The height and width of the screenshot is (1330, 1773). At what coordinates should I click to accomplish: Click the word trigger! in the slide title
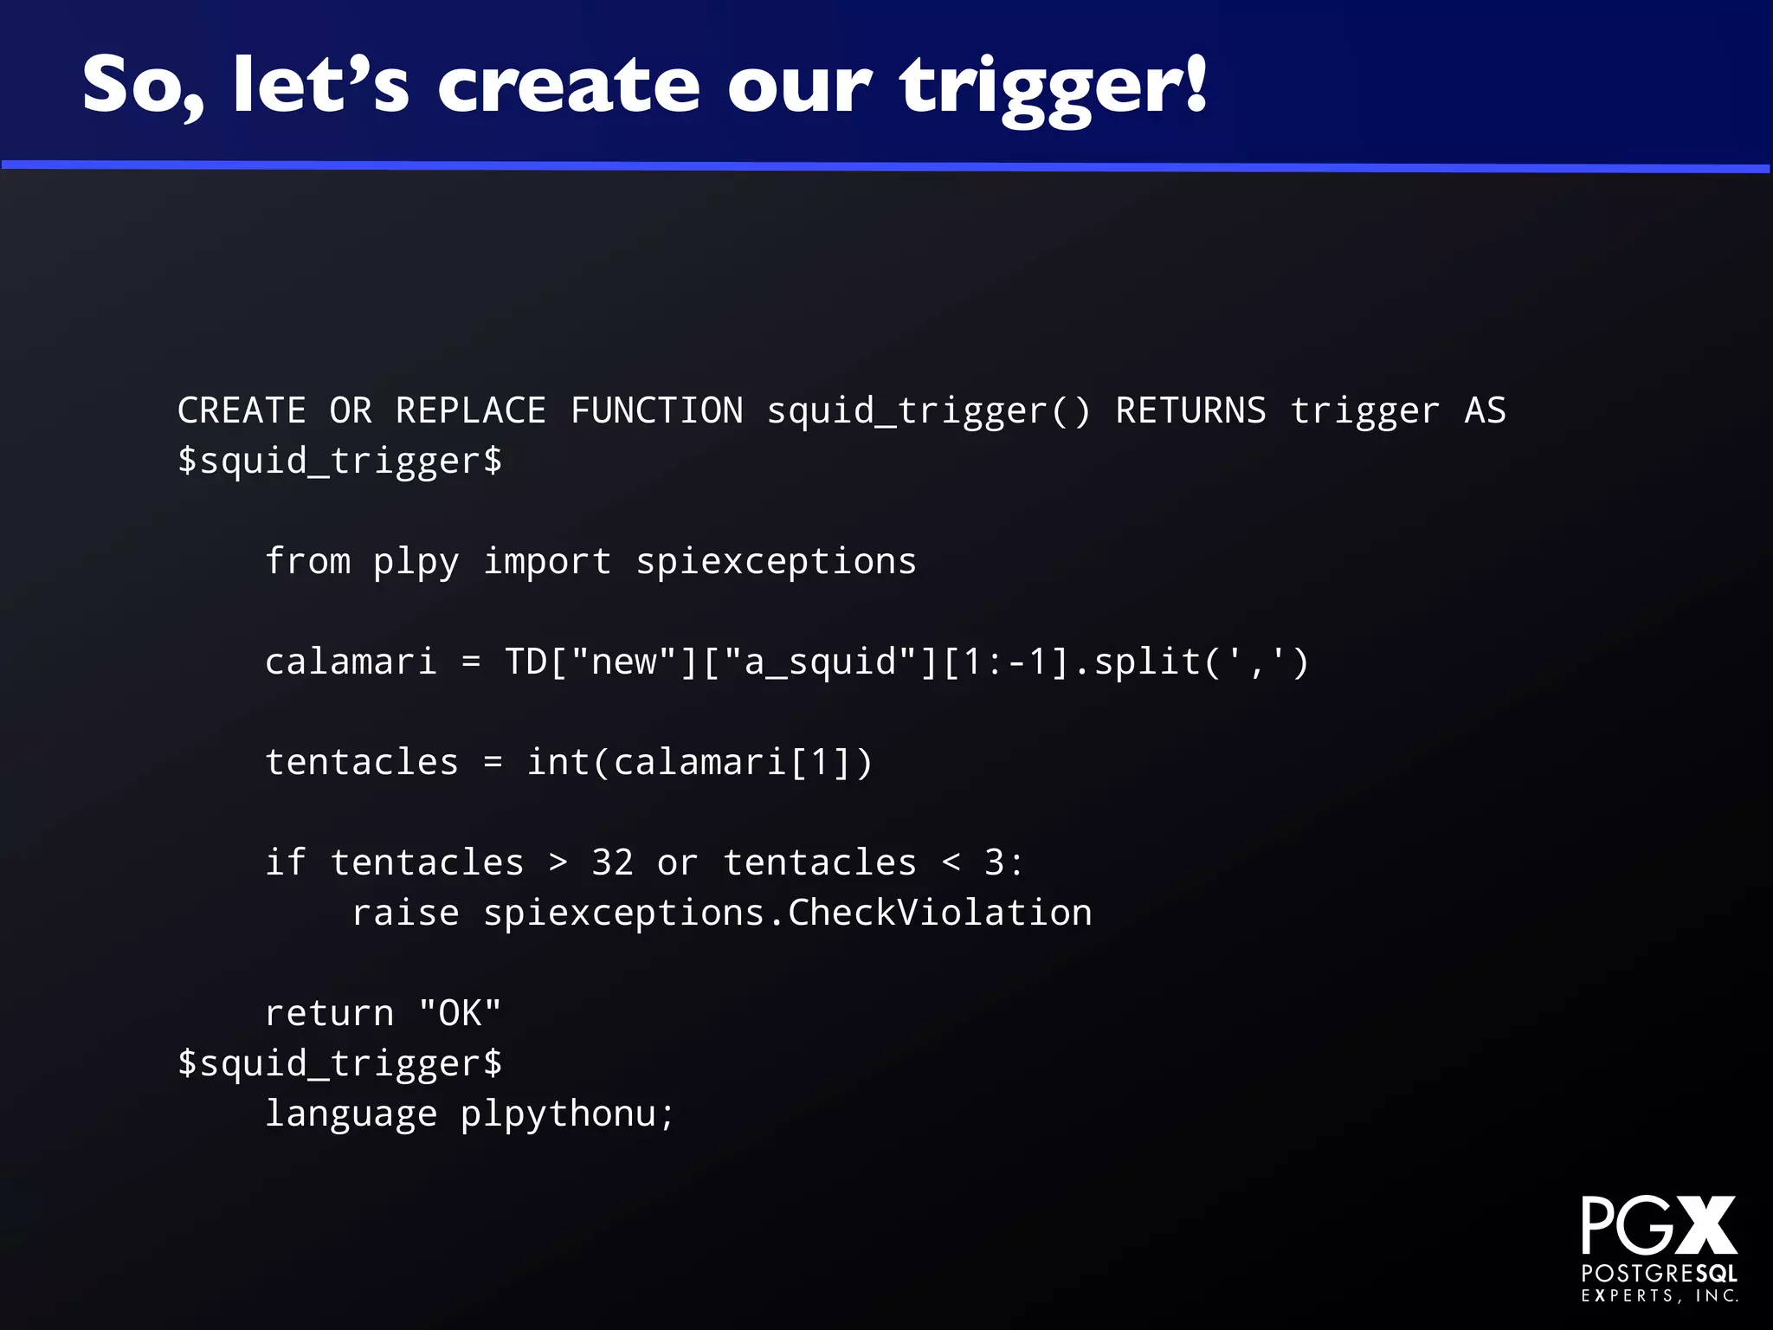[1052, 87]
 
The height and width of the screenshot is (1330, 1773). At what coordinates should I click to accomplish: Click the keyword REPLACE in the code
[470, 410]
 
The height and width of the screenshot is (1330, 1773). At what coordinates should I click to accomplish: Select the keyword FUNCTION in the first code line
[656, 410]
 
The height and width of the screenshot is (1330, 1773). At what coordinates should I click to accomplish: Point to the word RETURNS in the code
[1190, 410]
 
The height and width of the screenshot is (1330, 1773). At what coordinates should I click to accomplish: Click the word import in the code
[546, 561]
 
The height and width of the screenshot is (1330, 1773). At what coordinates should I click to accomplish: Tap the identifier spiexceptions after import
[776, 561]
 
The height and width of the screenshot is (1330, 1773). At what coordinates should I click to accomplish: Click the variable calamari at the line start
[351, 662]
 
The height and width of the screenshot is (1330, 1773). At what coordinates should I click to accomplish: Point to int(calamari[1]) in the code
[700, 762]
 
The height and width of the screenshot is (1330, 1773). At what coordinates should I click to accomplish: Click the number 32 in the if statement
[612, 862]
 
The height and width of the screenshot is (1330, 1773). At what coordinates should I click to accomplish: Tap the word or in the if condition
[677, 862]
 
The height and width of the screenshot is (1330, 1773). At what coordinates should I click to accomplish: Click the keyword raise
[405, 913]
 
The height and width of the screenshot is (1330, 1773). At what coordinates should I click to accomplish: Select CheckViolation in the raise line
[939, 913]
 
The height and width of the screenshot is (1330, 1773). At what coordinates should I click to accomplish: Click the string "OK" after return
[460, 1013]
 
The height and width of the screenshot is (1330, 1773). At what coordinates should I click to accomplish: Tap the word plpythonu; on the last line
[567, 1114]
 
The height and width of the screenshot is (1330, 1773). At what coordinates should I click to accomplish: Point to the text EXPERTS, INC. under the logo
[1660, 1296]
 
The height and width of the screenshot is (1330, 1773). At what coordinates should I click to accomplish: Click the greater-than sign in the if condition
[558, 862]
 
